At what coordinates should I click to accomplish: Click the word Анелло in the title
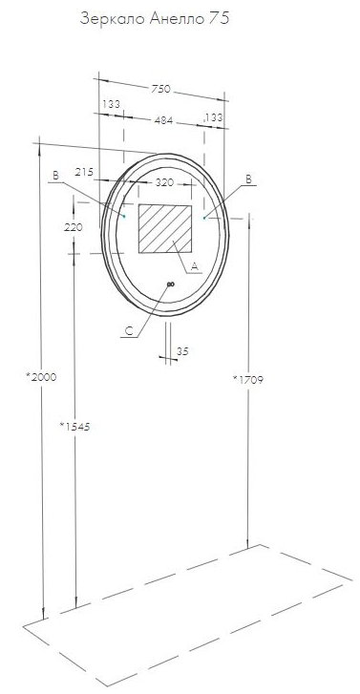[x=173, y=17]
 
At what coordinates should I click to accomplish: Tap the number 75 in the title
[x=220, y=17]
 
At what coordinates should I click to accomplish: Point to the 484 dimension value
[x=162, y=119]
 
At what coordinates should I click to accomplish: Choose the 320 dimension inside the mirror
[x=164, y=181]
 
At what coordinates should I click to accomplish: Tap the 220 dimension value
[x=73, y=227]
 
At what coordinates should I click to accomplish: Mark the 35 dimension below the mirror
[x=182, y=351]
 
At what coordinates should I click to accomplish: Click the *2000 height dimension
[x=41, y=377]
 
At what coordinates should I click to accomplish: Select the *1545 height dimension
[x=74, y=426]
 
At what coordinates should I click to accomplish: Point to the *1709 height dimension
[x=247, y=379]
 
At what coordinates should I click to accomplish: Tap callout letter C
[x=129, y=331]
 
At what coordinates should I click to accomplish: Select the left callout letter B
[x=56, y=175]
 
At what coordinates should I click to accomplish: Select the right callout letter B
[x=248, y=179]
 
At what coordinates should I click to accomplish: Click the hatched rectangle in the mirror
[x=165, y=229]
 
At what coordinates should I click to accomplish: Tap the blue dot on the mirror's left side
[x=124, y=216]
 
